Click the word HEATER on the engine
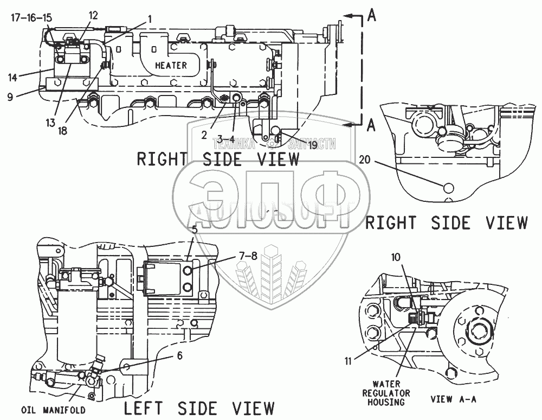coord(171,65)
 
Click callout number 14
coord(12,77)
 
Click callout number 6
coord(179,356)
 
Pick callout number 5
coord(194,228)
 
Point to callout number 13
coord(50,123)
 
